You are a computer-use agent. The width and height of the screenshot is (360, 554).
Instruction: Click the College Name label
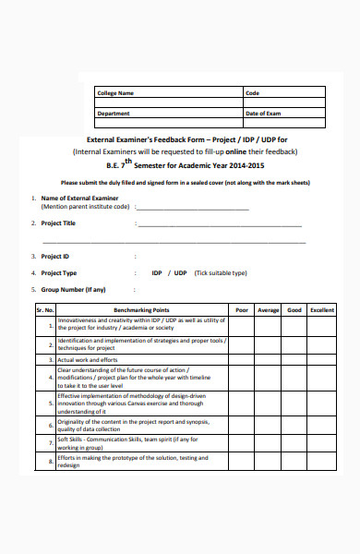point(115,93)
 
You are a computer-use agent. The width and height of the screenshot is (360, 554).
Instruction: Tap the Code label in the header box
point(252,93)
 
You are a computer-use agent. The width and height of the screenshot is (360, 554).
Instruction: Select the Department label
point(114,113)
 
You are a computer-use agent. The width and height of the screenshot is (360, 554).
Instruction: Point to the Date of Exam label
point(263,113)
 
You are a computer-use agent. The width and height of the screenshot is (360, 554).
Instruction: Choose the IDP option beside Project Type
point(157,272)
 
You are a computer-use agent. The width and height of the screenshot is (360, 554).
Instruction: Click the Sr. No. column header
point(45,310)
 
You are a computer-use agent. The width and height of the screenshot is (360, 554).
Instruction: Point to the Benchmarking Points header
point(141,310)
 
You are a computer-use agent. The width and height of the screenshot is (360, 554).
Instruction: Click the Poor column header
point(242,310)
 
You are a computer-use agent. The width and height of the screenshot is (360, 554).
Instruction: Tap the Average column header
point(268,310)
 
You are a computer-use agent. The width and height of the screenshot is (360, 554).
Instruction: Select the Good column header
point(294,310)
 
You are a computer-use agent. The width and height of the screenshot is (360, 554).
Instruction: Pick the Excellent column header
point(322,310)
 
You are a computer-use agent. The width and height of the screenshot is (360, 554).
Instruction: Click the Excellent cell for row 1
point(322,324)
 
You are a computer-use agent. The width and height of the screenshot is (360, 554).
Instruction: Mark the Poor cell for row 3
point(242,359)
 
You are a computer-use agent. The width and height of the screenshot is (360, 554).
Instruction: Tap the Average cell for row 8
point(268,462)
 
